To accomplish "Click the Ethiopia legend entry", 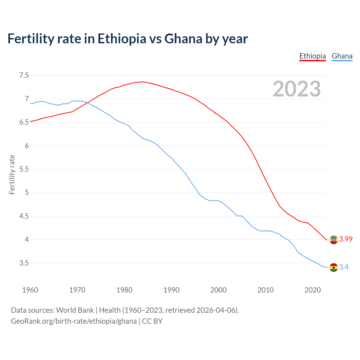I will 312,56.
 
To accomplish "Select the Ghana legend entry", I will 342,56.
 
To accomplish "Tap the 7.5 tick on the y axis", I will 24,75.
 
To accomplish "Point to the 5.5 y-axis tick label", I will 24,169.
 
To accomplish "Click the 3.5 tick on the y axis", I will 24,263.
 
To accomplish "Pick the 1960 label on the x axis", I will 30,290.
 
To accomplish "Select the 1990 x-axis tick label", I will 171,290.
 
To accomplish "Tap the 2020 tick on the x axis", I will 312,290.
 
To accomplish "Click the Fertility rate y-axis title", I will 12,174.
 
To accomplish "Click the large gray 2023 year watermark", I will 297,89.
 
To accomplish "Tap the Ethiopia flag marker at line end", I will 334,240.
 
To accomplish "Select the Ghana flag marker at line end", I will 334,267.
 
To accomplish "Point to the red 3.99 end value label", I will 346,239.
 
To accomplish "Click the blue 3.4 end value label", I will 344,267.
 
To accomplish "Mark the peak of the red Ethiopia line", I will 143,82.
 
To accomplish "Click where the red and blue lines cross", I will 87,103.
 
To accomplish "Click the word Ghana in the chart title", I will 183,39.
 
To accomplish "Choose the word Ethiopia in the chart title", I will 122,39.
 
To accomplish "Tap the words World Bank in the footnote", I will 75,310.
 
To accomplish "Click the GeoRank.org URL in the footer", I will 74,321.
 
